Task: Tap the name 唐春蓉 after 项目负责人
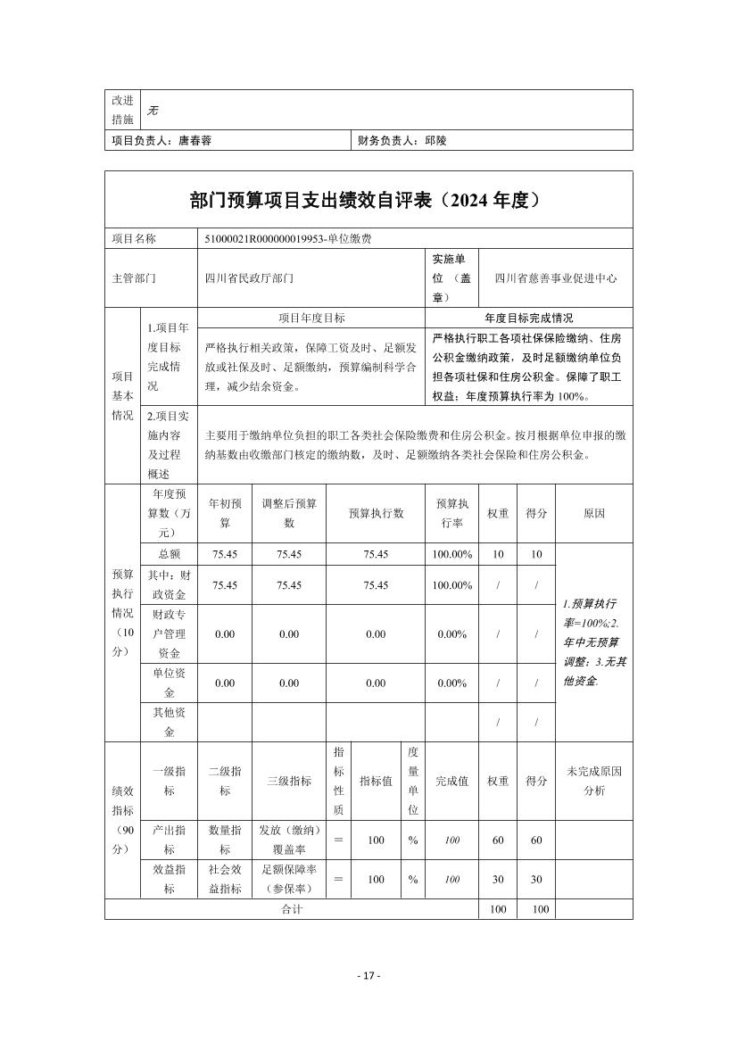pos(195,140)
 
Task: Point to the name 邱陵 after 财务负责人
pos(435,140)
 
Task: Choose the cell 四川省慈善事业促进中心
pos(556,278)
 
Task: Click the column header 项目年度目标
pos(311,318)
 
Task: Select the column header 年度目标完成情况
pos(529,318)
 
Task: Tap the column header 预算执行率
pos(451,513)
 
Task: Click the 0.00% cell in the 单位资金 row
pos(451,683)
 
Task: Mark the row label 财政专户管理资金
pos(169,633)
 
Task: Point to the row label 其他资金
pos(169,722)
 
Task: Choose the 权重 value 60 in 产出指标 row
pos(498,840)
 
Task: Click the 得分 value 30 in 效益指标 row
pos(536,880)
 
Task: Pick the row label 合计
pos(292,909)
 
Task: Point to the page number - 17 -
pos(368,975)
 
